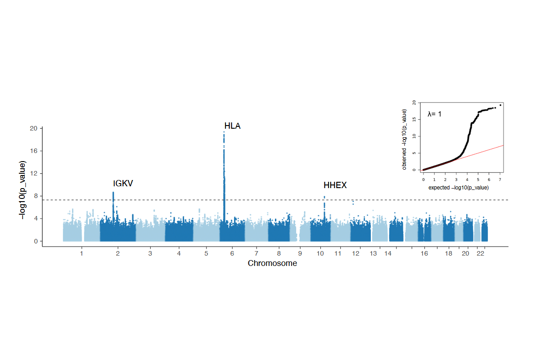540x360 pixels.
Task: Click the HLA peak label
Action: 232,126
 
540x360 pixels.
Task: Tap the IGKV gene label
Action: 123,184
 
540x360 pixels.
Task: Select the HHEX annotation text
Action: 335,185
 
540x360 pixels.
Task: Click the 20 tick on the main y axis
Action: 34,128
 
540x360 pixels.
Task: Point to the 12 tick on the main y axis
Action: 34,173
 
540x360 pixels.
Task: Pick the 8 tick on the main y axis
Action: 35,196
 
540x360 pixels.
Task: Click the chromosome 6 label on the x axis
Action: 232,254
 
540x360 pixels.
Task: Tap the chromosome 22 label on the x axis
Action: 480,254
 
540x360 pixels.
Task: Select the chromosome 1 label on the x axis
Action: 81,254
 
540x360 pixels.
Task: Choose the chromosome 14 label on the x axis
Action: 387,254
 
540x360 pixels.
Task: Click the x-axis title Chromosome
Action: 272,263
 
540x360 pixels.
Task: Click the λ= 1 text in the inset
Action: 434,114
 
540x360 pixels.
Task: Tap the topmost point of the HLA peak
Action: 224,132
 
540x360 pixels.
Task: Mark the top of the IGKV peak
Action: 113,193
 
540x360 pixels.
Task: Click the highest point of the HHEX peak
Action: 324,197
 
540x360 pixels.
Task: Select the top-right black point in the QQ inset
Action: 500,105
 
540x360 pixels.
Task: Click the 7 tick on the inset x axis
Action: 499,179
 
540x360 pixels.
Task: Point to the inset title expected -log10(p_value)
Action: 458,187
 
